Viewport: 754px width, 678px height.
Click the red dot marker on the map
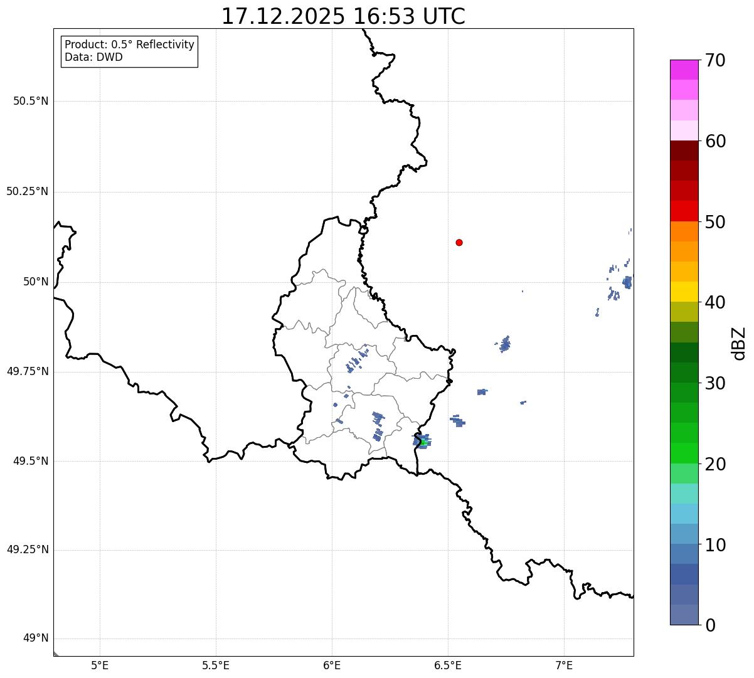[459, 242]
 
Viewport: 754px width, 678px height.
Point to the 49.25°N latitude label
[28, 550]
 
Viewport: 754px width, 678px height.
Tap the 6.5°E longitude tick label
[448, 664]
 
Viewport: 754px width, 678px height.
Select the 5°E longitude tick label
[100, 664]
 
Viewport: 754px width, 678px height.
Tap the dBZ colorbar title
[739, 343]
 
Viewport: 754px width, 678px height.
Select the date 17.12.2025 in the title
[283, 16]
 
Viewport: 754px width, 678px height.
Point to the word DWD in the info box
[111, 57]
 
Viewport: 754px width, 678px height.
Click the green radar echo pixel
[424, 443]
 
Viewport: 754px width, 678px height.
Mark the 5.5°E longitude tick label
[216, 664]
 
